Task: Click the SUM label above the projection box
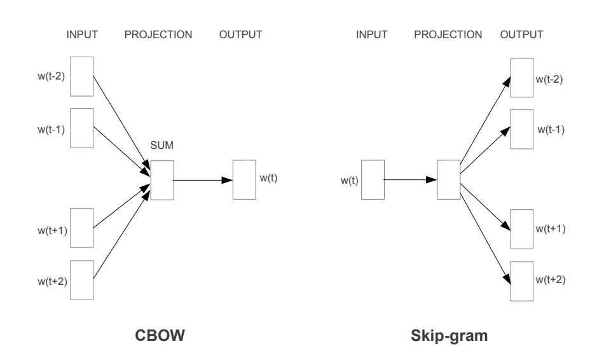click(161, 145)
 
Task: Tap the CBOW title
click(160, 335)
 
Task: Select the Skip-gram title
click(449, 336)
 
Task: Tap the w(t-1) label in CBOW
click(51, 130)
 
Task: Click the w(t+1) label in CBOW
click(52, 230)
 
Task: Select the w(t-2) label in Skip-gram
click(549, 80)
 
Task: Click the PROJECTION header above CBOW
click(158, 35)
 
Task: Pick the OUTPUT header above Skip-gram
click(521, 35)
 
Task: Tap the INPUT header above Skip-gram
click(372, 35)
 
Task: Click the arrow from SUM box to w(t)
click(203, 180)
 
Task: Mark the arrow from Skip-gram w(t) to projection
click(410, 179)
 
